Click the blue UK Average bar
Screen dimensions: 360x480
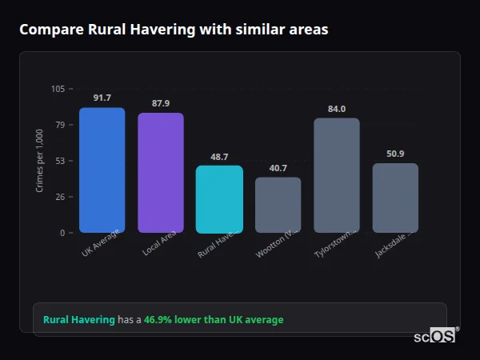click(102, 170)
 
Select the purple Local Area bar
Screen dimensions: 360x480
click(161, 173)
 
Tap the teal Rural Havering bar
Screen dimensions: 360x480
click(219, 199)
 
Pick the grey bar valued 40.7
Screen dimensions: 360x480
click(278, 205)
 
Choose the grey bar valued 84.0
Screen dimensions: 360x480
click(337, 175)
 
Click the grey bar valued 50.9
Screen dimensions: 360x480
click(395, 198)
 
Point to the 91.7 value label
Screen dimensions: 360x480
click(102, 98)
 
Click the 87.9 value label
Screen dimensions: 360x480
click(161, 103)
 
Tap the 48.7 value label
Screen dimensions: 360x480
click(219, 157)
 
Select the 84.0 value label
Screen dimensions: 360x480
click(337, 109)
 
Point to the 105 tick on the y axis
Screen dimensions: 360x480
click(58, 89)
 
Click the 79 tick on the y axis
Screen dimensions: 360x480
click(60, 125)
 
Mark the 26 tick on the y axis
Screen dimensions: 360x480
click(60, 197)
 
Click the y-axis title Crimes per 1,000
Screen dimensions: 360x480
click(40, 161)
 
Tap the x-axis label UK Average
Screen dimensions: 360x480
click(101, 243)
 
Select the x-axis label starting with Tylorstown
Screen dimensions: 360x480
click(335, 243)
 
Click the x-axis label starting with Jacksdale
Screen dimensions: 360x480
click(394, 244)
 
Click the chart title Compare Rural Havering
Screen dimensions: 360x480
click(173, 30)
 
